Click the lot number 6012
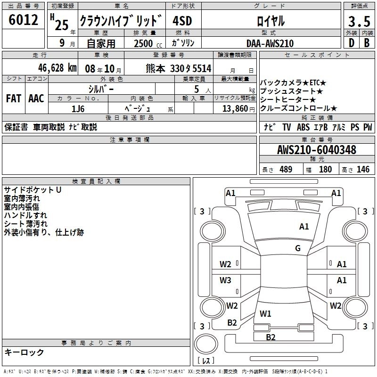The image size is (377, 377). [x=23, y=20]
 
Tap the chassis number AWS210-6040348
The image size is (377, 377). [x=316, y=150]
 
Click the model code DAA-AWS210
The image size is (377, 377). [x=270, y=43]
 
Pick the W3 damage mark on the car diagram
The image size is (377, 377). [x=225, y=280]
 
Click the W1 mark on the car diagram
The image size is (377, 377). [x=266, y=313]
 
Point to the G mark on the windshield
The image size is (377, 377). [x=298, y=248]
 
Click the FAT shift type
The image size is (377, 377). [x=13, y=98]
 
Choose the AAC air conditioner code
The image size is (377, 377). [x=36, y=98]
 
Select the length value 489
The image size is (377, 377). [x=286, y=170]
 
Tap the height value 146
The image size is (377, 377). [x=363, y=170]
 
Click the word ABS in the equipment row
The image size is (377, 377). [x=304, y=127]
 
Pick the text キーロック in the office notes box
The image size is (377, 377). [x=24, y=352]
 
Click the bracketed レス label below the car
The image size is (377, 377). [x=205, y=361]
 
